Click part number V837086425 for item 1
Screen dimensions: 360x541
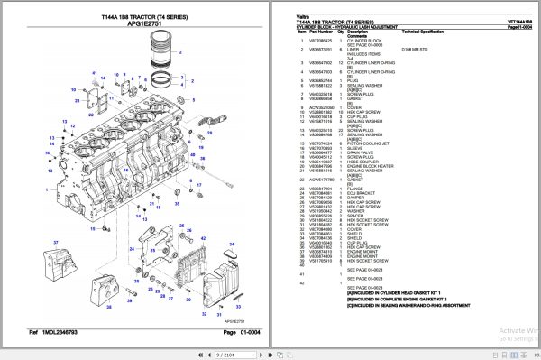coord(310,41)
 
